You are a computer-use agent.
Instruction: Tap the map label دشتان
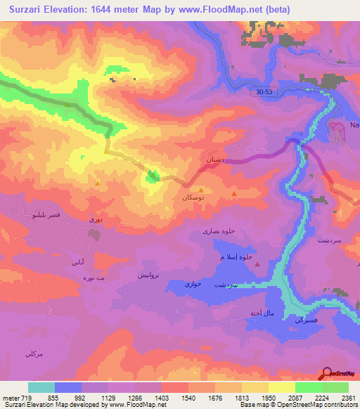[213, 160]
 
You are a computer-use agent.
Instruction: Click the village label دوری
[95, 220]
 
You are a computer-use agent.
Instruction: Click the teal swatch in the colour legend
[41, 387]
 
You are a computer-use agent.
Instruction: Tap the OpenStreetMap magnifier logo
[328, 375]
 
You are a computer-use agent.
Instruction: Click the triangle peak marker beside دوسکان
[202, 190]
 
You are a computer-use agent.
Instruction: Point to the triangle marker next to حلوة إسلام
[258, 264]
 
